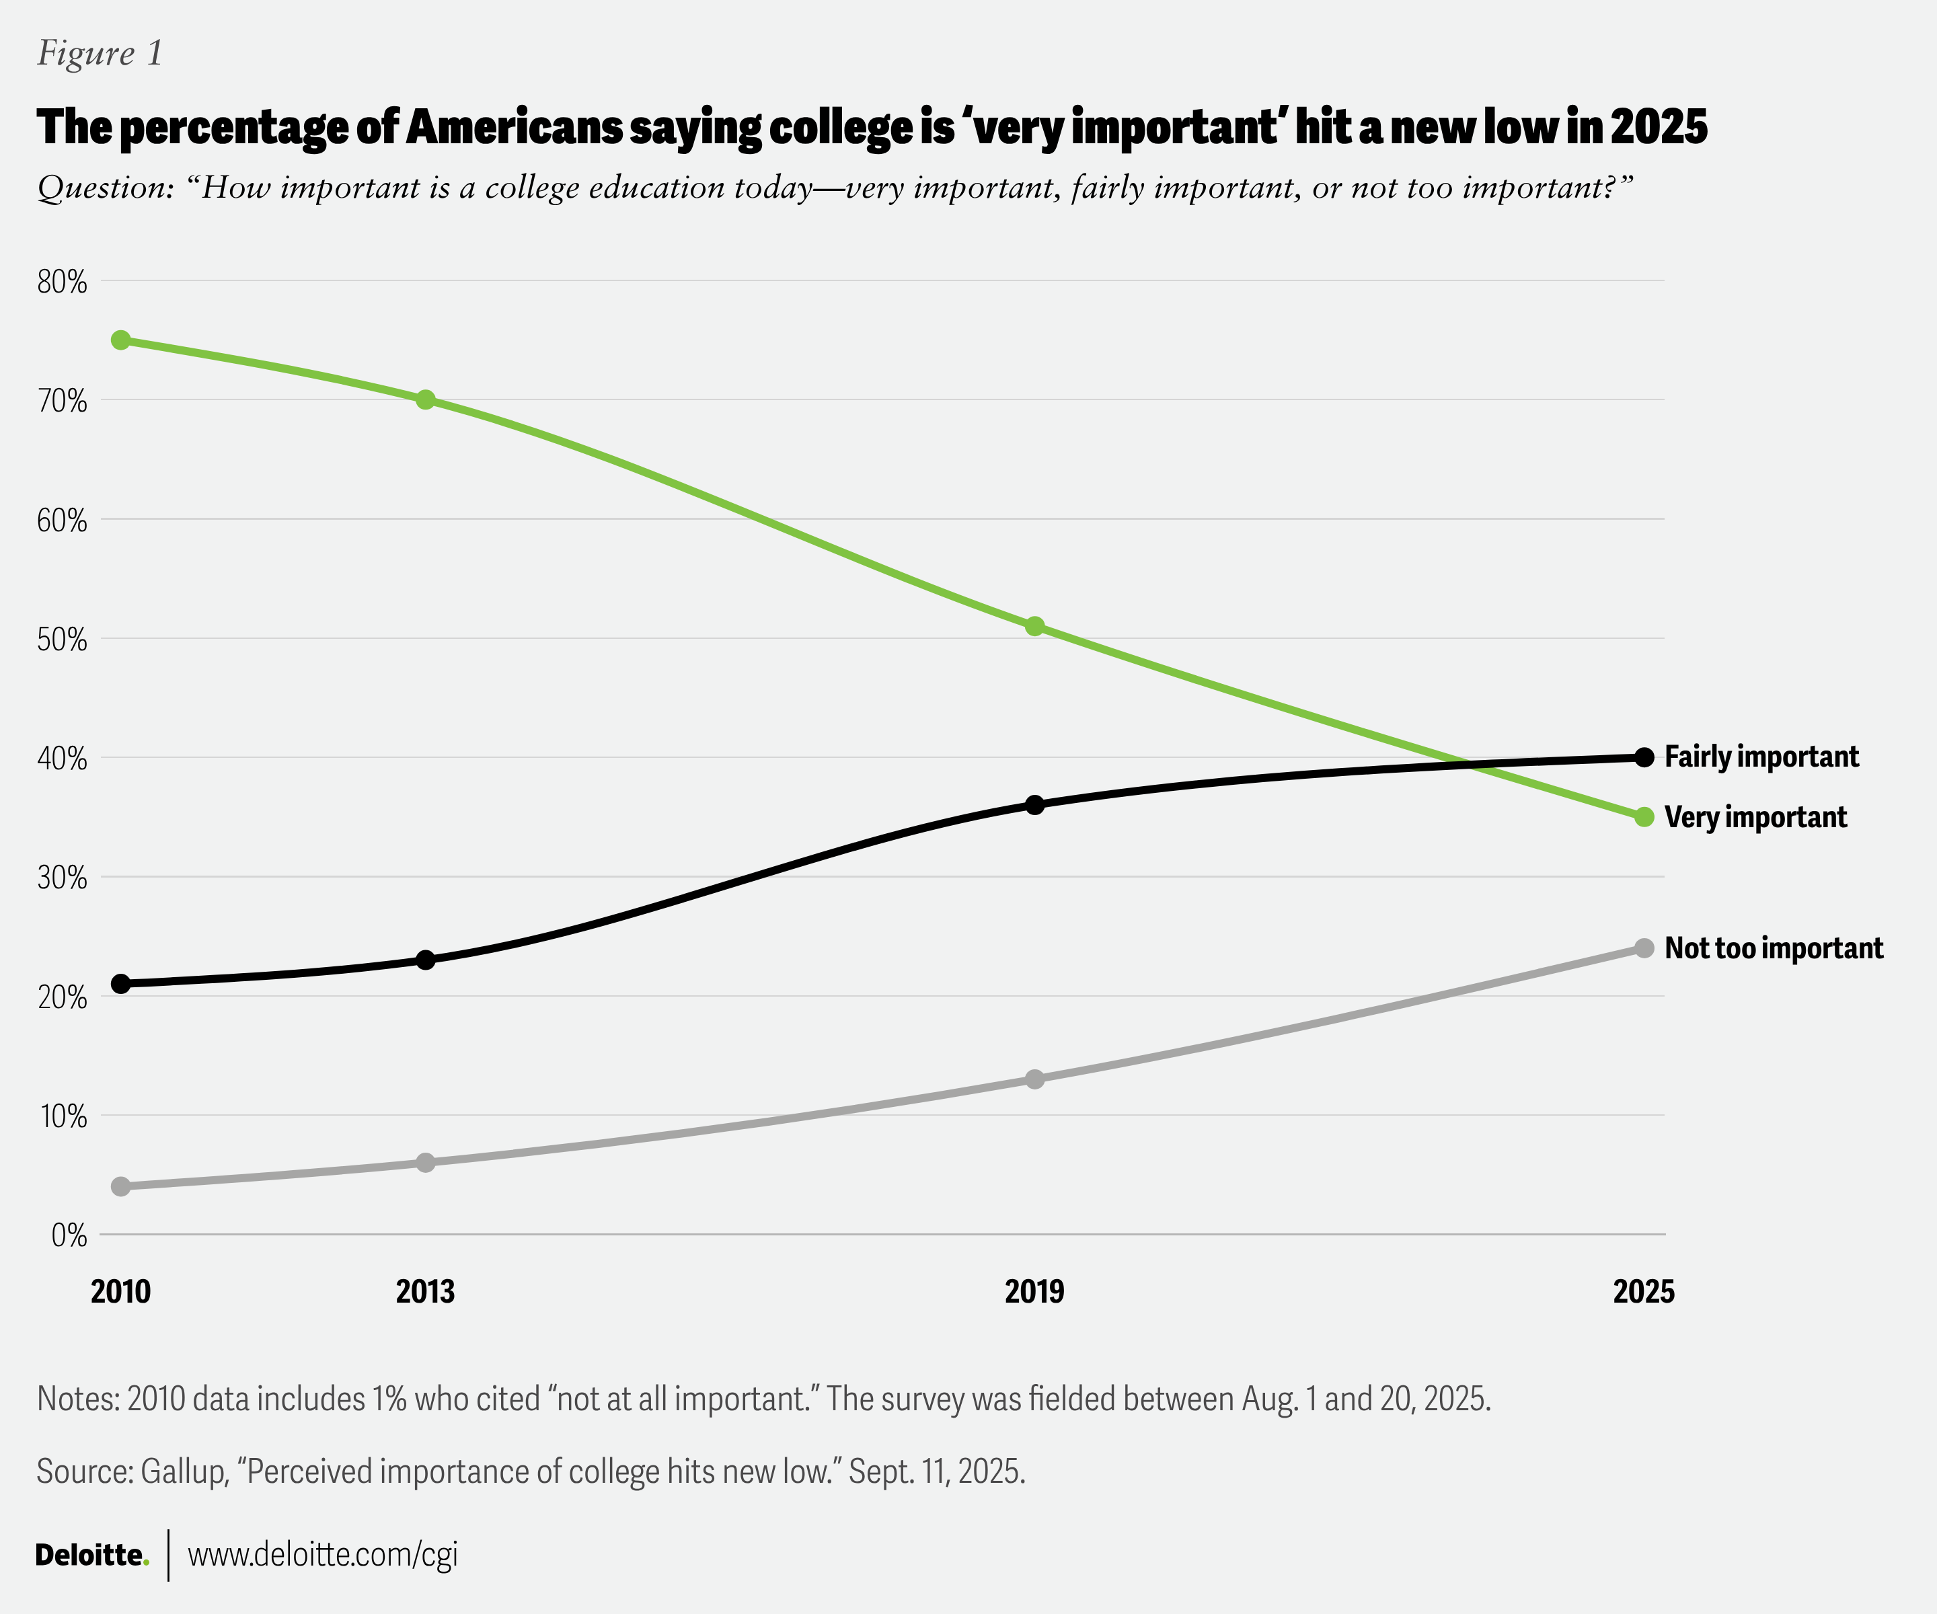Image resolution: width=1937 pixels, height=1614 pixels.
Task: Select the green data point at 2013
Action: pyautogui.click(x=425, y=399)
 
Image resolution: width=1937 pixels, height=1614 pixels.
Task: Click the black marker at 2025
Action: pyautogui.click(x=1644, y=757)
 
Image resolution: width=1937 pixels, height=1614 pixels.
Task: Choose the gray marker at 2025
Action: pyautogui.click(x=1644, y=948)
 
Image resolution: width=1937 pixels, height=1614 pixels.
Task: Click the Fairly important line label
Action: pyautogui.click(x=1761, y=757)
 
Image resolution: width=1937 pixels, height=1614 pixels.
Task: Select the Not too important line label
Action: pyautogui.click(x=1773, y=948)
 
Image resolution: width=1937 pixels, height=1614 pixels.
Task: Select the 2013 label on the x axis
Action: pyautogui.click(x=425, y=1291)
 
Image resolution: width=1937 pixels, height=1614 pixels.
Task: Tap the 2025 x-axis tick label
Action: pyautogui.click(x=1644, y=1291)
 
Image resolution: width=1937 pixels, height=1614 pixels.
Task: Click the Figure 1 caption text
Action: pyautogui.click(x=100, y=54)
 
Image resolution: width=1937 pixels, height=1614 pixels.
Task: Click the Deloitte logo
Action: pyautogui.click(x=91, y=1555)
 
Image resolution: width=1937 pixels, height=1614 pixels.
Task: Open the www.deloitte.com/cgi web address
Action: pyautogui.click(x=323, y=1555)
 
